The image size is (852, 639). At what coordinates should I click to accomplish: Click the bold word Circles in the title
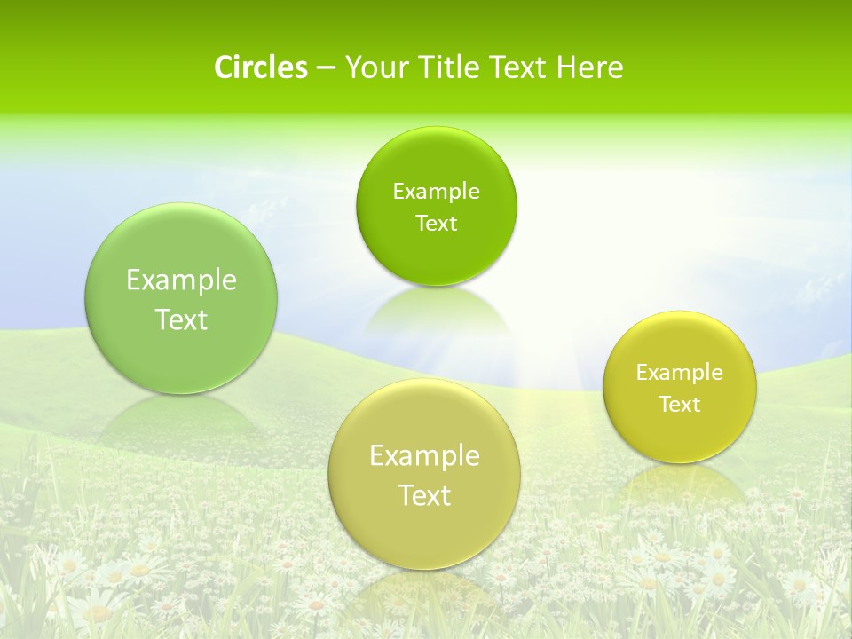pos(260,67)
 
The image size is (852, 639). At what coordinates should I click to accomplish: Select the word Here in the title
pos(590,67)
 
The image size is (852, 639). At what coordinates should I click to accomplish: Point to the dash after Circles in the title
pos(325,68)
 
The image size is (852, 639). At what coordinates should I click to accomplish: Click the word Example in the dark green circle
pos(436,191)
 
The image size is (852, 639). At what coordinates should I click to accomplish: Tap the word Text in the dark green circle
pos(436,223)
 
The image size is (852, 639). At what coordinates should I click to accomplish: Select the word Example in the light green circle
pos(181,280)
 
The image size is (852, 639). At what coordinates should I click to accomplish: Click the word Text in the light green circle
pos(181,319)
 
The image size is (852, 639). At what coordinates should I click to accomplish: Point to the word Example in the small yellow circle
pos(679,373)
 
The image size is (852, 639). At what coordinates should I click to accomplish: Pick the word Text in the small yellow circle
pos(679,405)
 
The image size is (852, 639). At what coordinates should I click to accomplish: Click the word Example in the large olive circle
pos(424,456)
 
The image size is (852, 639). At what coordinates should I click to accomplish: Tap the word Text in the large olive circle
pos(424,495)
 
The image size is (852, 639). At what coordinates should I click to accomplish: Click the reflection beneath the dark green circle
pos(435,311)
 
